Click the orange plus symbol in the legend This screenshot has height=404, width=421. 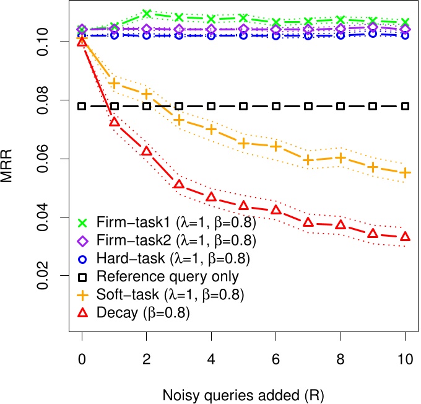click(82, 295)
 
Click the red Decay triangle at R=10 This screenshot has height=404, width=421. click(406, 236)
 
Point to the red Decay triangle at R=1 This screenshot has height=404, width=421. click(114, 122)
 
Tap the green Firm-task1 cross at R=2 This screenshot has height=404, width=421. click(147, 14)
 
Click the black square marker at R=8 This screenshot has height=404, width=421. click(341, 107)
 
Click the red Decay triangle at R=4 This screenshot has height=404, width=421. click(211, 196)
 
